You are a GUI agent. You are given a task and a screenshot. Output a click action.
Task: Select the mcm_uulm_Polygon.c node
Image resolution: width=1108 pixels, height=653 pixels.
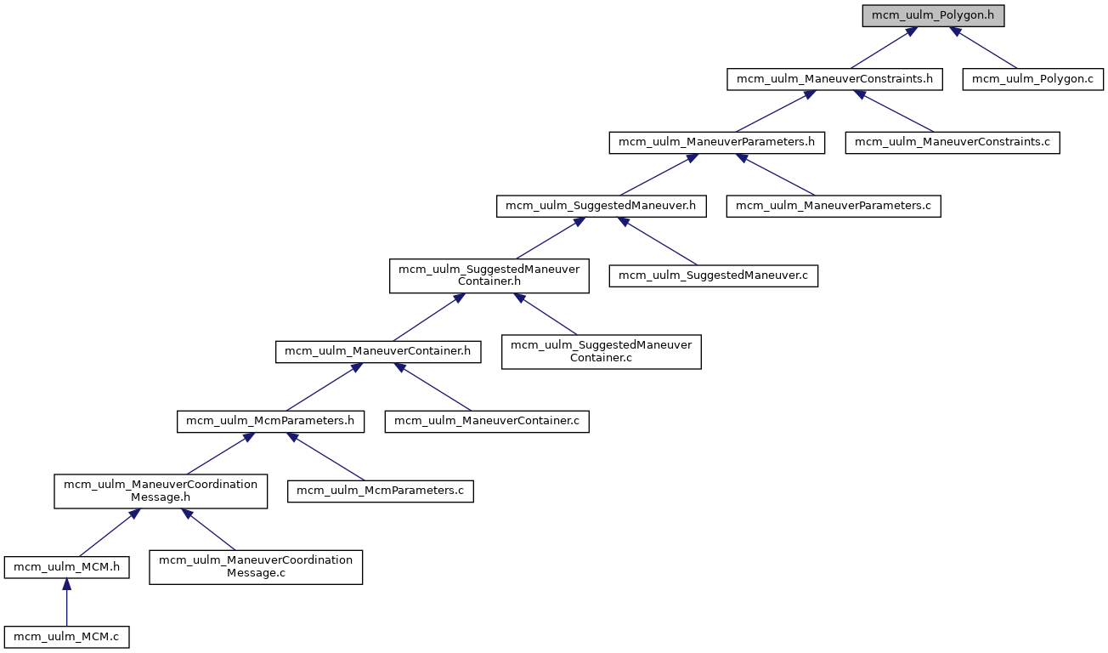tap(1032, 79)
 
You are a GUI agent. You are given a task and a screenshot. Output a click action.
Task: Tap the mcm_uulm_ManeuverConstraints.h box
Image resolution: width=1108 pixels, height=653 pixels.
tap(834, 79)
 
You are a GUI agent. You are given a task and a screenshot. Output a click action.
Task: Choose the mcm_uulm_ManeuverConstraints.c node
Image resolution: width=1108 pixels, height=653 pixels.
tap(953, 142)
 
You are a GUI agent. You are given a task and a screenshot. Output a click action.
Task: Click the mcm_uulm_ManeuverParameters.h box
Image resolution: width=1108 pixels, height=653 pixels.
tap(717, 142)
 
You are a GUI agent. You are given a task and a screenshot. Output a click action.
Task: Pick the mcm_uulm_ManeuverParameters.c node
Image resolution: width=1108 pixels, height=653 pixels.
tap(834, 206)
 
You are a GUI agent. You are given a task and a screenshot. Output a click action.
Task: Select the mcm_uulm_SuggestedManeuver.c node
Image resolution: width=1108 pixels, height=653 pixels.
tap(714, 276)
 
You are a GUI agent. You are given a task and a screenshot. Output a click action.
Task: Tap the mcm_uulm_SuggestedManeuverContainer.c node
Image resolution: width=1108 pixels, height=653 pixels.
tap(601, 351)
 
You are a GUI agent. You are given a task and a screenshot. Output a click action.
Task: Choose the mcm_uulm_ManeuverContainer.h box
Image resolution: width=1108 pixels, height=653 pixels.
tap(378, 351)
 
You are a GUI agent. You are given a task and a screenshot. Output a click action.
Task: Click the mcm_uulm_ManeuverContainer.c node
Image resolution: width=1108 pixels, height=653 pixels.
tap(487, 421)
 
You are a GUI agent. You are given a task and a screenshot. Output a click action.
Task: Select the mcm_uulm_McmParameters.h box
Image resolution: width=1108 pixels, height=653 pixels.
tap(271, 421)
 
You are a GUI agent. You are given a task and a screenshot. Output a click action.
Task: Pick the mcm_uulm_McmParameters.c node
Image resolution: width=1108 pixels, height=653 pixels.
tap(380, 491)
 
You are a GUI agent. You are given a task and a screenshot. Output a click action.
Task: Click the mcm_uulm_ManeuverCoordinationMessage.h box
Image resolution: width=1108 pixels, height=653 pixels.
tap(161, 491)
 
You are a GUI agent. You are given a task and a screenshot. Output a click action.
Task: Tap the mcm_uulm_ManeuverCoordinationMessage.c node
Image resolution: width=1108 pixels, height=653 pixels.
tap(256, 566)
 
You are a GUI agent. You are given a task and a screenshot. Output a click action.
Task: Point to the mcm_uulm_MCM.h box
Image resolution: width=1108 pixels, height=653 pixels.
tap(66, 566)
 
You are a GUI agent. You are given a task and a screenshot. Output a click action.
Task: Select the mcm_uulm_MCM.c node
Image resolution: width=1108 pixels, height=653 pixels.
tap(66, 636)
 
